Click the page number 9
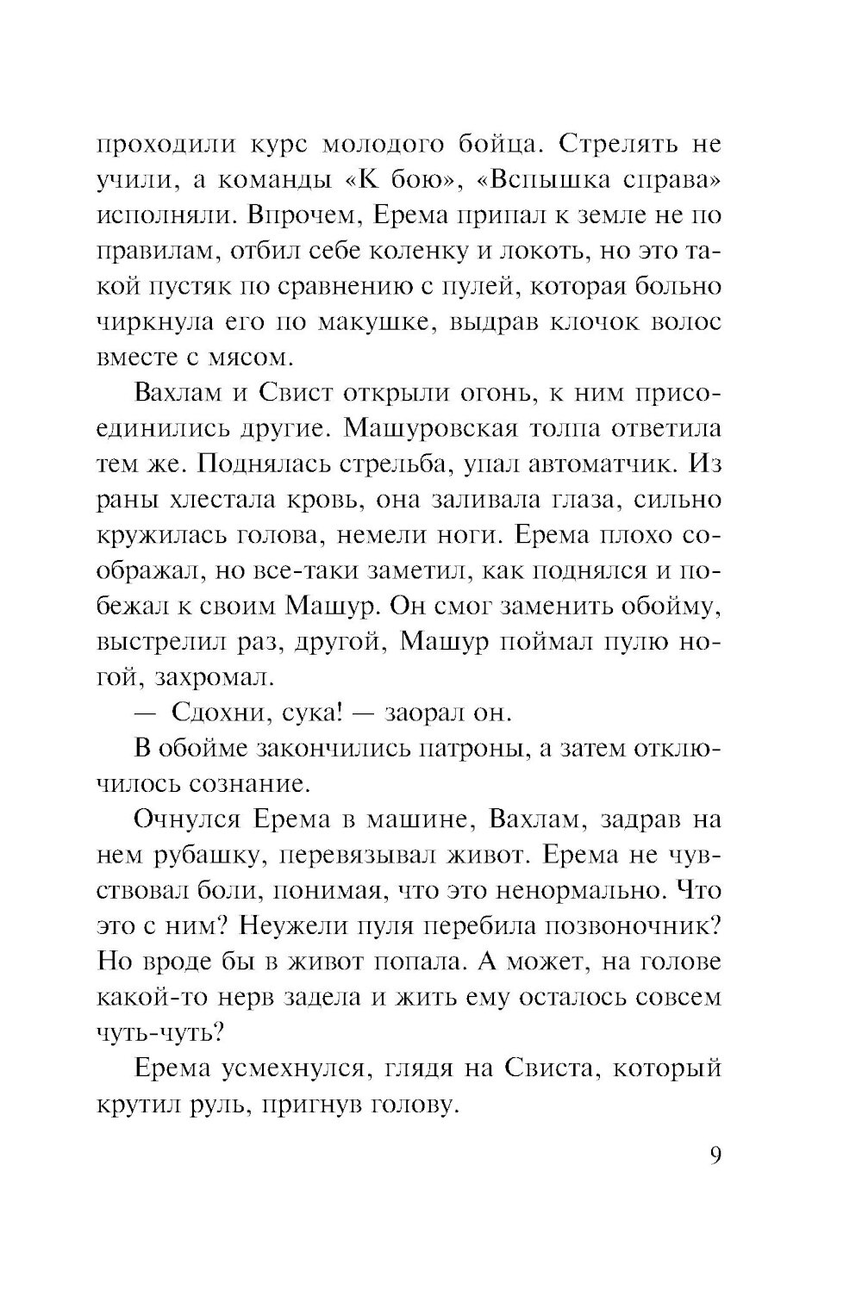tap(715, 1156)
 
